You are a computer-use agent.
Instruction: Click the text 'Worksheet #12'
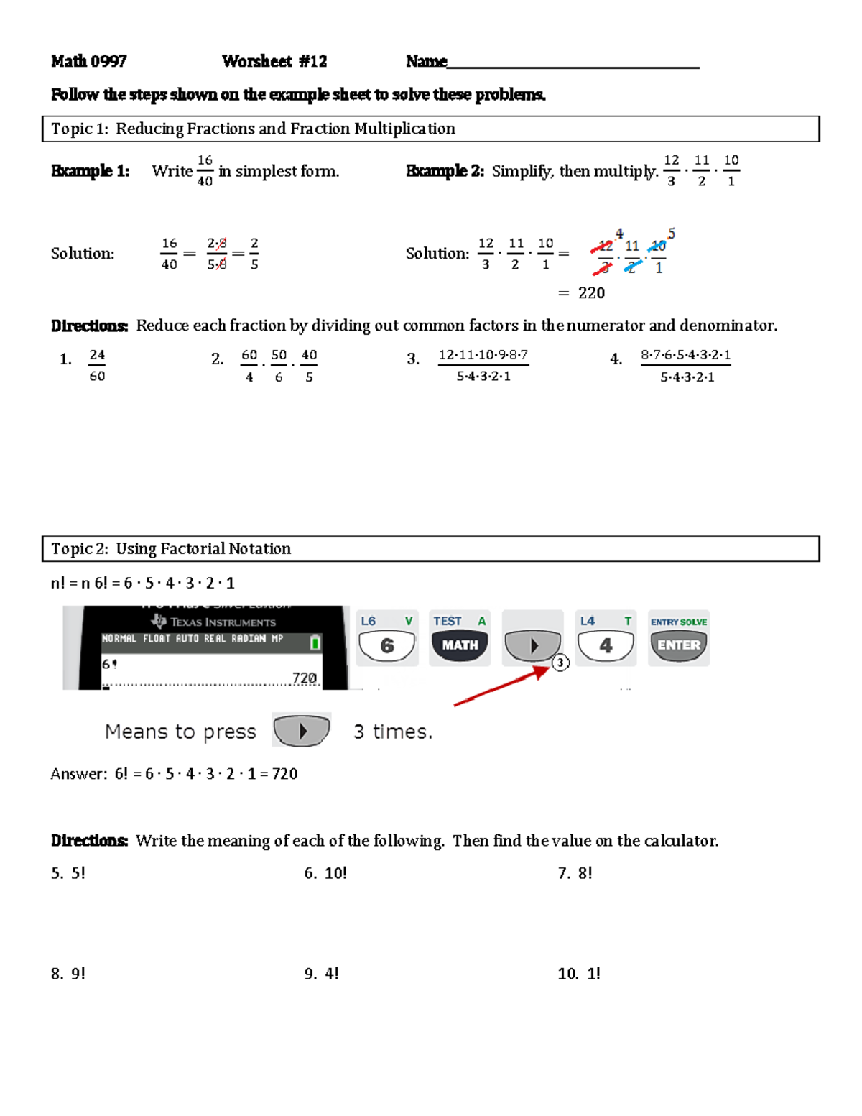[274, 62]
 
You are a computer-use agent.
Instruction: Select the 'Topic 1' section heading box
[430, 129]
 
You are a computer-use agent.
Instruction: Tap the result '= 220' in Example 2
[582, 293]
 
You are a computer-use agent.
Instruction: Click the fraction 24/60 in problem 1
[97, 365]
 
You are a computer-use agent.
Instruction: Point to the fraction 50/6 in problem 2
[279, 365]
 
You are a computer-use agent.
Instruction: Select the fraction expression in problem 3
[483, 365]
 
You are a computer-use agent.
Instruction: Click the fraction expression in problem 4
[686, 365]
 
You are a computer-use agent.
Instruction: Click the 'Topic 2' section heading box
[430, 548]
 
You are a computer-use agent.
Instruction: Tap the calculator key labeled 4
[606, 645]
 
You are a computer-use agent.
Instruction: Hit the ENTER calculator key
[678, 645]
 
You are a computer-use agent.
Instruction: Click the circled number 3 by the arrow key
[560, 663]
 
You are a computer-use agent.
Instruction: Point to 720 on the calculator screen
[304, 678]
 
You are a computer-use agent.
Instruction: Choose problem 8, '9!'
[68, 974]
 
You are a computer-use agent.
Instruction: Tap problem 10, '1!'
[579, 974]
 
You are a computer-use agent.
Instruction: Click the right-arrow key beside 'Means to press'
[302, 731]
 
